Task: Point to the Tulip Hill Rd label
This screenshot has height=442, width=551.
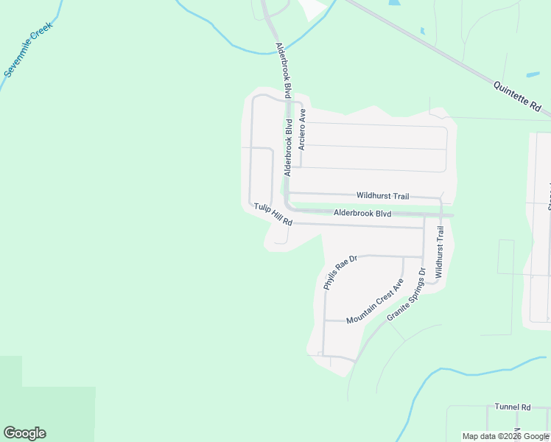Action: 273,214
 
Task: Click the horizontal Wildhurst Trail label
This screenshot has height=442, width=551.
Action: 382,196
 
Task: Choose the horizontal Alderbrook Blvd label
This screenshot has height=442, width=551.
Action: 362,213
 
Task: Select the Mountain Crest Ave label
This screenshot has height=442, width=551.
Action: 375,301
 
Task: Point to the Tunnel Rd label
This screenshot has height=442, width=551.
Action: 513,407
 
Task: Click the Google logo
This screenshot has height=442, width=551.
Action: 24,433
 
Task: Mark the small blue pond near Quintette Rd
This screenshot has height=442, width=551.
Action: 532,74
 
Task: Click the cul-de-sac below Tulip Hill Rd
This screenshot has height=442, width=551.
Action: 280,239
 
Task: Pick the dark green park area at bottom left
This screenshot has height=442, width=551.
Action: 44,405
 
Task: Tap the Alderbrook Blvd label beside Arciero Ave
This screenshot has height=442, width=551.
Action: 288,147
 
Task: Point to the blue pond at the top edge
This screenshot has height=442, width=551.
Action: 394,3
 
